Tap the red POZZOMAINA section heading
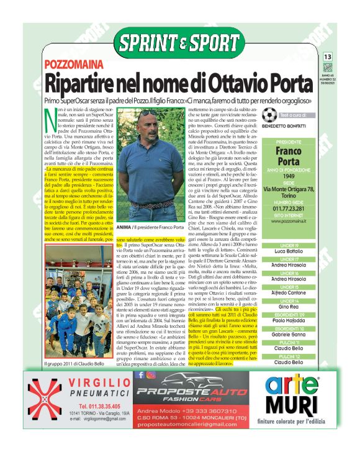pos(70,66)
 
